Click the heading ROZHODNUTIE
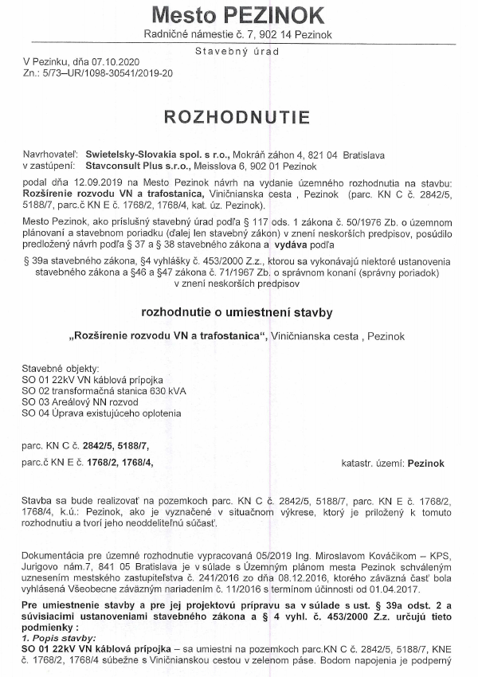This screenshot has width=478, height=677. [x=236, y=117]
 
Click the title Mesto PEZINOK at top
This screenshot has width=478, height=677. [x=238, y=15]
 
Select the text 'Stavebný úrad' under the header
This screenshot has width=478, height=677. [x=238, y=51]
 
